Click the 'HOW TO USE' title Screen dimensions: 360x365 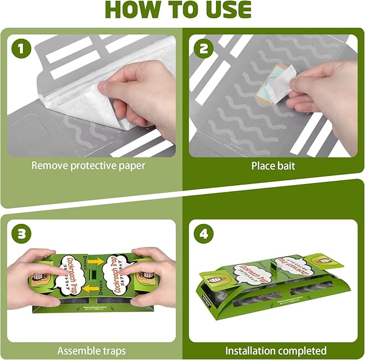point(182,11)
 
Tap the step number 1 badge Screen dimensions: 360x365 point(22,50)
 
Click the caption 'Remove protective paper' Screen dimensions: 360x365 point(88,166)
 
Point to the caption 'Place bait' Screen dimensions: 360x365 point(273,166)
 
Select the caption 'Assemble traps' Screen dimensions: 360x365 point(88,350)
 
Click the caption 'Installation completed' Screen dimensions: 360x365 point(276,350)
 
